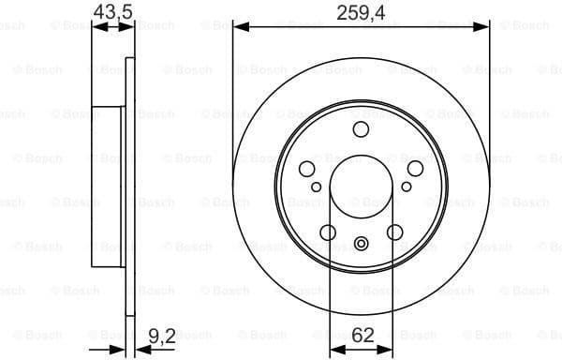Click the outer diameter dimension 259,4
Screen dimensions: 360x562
[361, 12]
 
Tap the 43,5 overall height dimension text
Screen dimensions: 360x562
[112, 12]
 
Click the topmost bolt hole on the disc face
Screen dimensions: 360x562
[361, 129]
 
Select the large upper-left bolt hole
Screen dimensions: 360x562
[307, 168]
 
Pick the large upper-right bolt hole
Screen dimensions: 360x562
[414, 168]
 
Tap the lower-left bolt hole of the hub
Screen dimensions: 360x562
[328, 232]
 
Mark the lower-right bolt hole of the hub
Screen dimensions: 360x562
[394, 232]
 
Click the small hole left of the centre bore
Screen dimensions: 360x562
[317, 187]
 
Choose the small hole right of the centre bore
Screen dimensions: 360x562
[406, 187]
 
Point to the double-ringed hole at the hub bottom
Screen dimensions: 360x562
[361, 246]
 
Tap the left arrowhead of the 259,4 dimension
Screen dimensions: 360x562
[238, 28]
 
